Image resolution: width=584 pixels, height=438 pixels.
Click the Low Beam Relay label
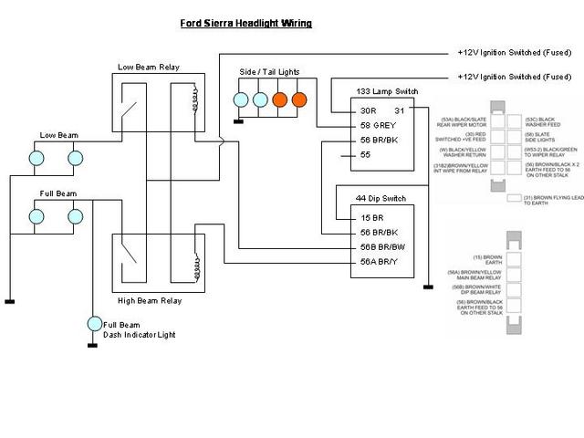click(152, 67)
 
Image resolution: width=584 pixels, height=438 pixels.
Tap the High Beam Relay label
click(150, 300)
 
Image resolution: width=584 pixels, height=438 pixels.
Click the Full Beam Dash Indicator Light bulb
click(93, 324)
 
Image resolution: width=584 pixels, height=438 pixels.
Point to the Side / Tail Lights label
click(269, 72)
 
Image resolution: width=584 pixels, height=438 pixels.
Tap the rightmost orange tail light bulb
click(298, 99)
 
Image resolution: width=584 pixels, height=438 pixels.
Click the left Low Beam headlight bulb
click(37, 158)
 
